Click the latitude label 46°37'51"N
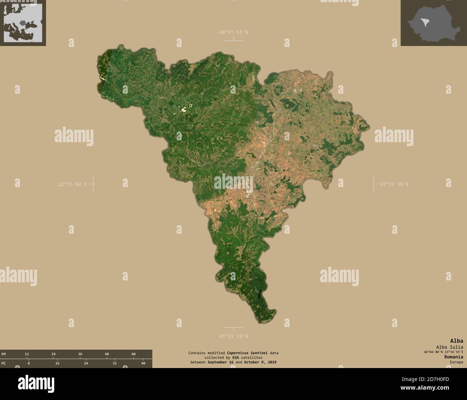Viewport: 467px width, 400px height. coord(233,32)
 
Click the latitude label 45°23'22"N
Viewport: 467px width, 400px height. coord(233,336)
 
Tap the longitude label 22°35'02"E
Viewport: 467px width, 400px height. coord(73,184)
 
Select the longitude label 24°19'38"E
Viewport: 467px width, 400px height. coord(394,184)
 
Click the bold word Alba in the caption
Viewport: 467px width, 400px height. coord(457,341)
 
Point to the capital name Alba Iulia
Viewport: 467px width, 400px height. coord(449,347)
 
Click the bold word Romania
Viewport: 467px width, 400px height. coord(453,357)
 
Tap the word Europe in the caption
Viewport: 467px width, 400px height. coord(456,362)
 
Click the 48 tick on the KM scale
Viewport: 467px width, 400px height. coord(107,354)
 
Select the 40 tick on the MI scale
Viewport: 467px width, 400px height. coord(143,363)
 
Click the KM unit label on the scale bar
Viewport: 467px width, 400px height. coord(4,354)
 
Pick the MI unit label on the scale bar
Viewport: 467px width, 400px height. coord(4,363)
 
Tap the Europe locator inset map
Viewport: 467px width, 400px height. coord(23,23)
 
